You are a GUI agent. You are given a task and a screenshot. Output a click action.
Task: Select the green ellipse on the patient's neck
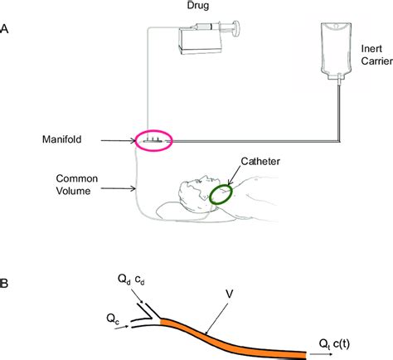[221, 195]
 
